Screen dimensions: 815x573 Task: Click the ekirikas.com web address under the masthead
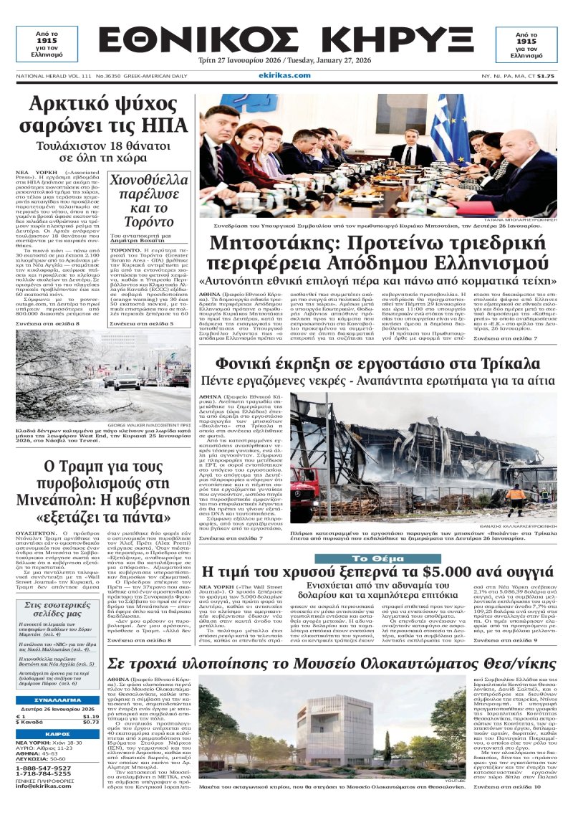tap(286, 75)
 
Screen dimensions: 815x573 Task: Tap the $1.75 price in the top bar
tap(546, 75)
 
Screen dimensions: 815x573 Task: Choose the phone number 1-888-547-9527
tap(44, 767)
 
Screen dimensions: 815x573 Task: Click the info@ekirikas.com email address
tap(44, 785)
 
